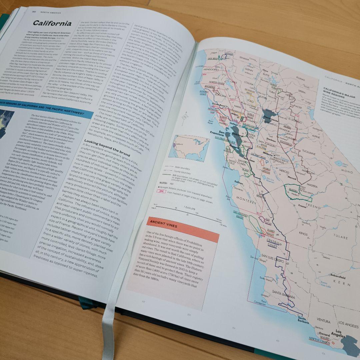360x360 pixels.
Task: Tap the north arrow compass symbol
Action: [x=184, y=117]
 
